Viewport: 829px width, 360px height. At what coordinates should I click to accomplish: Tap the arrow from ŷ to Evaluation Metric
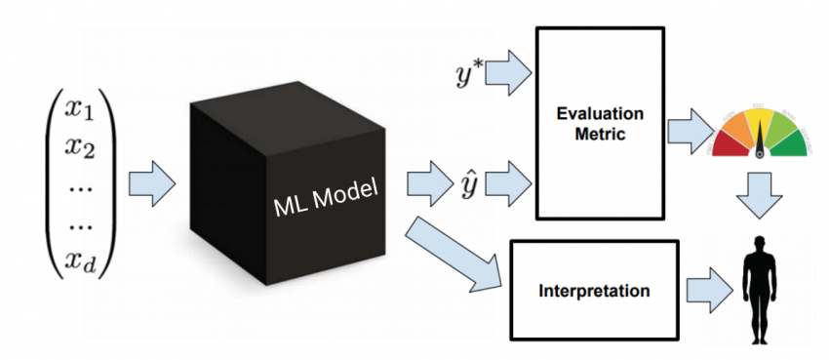(x=508, y=180)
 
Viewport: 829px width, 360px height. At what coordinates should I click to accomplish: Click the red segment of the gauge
(x=728, y=144)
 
